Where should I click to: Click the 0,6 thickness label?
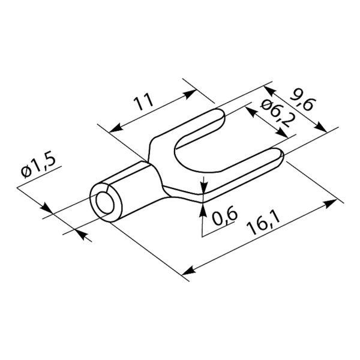click(224, 216)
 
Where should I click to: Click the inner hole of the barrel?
click(105, 203)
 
